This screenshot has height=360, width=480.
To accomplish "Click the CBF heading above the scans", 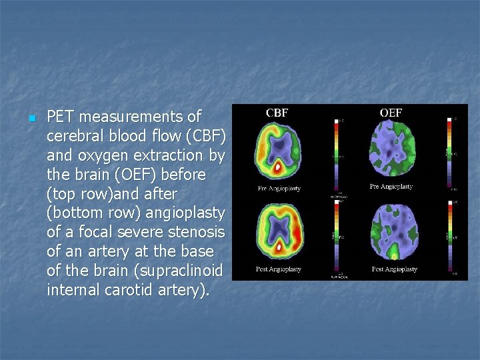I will click(277, 113).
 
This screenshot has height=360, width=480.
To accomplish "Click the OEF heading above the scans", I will click(391, 113).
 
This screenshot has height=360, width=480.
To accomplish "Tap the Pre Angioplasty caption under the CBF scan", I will click(279, 189).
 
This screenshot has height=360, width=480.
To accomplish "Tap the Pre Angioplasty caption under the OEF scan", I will click(391, 187).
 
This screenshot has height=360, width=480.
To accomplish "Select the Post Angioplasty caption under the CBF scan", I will click(279, 269).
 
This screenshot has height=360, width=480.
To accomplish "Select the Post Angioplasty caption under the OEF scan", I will click(394, 269).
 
